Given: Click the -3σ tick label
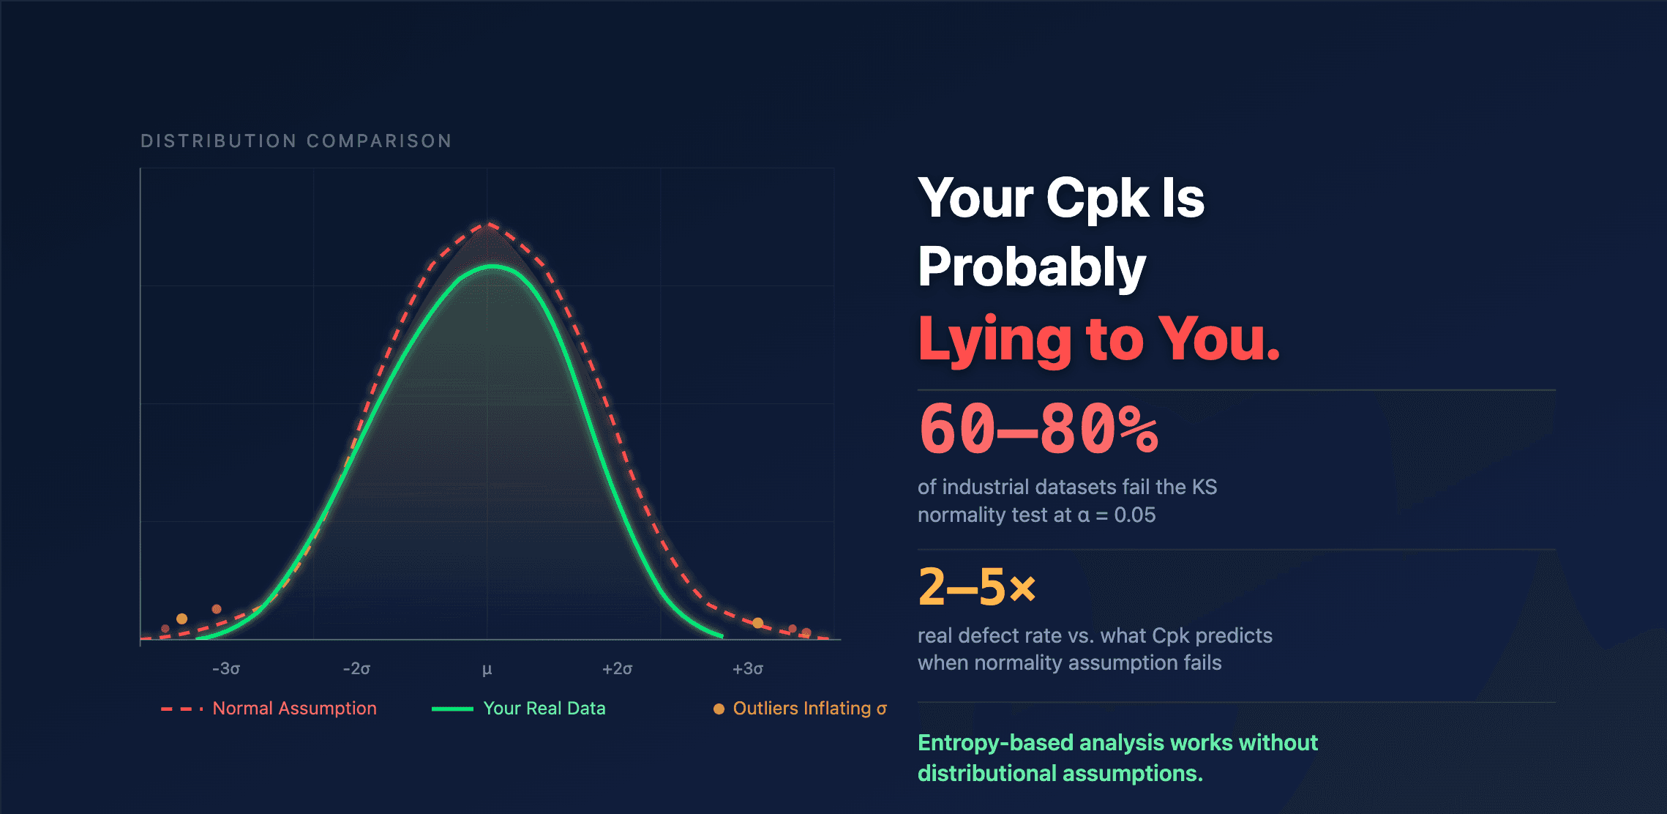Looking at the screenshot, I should tap(226, 668).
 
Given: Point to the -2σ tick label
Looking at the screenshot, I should tap(356, 668).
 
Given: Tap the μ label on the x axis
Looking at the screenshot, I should tap(487, 669).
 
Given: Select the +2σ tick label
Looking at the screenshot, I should tap(617, 668).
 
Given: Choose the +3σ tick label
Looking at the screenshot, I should tap(748, 668).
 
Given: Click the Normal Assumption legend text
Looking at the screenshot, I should tap(294, 708).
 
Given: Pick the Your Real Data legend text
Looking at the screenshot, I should tap(544, 708).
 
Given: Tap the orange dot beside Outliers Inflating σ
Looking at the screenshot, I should tap(719, 709).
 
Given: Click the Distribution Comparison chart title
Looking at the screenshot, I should tap(296, 141).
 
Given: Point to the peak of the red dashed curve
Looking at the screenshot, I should tap(488, 223).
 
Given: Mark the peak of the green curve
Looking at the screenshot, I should tap(494, 266).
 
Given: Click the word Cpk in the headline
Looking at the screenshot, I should tap(1097, 198).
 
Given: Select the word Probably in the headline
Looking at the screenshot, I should tap(1032, 267).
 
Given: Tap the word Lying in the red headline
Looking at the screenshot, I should tap(994, 339).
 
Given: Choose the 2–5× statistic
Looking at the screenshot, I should tap(977, 586).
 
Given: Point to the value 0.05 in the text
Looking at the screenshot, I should tap(1134, 515).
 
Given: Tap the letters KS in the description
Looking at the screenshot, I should tap(1205, 487).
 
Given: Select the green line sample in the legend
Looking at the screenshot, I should tap(452, 709).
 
